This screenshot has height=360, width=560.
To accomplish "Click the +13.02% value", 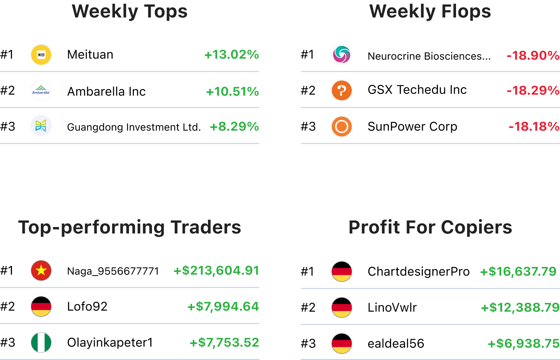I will tap(232, 55).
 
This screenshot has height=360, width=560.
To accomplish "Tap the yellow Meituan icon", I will tap(41, 55).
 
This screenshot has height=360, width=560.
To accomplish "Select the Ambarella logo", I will tap(41, 91).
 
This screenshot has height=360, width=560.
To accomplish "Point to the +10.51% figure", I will tap(232, 92).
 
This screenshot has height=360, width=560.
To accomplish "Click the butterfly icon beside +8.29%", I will tap(41, 125).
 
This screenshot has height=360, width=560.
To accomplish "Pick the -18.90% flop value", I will tap(533, 55).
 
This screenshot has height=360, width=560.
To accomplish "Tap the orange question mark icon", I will tap(342, 91).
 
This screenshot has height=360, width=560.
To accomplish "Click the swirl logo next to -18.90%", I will tap(342, 55).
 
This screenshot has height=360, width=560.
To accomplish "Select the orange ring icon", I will tap(342, 127).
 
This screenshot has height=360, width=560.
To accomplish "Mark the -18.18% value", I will tap(534, 127).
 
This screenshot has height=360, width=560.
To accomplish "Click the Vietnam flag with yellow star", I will tap(41, 271).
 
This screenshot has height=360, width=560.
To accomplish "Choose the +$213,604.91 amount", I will tap(216, 271).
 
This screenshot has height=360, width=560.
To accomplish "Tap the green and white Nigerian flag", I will tap(41, 343).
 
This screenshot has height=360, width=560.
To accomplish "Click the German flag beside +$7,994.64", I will tap(41, 307).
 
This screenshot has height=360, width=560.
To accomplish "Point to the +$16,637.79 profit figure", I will tap(518, 272).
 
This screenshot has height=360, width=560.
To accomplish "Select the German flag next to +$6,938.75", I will tap(342, 344).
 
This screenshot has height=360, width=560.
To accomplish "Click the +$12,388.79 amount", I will tap(520, 308).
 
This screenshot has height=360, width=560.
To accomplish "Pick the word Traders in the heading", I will tap(206, 227).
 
